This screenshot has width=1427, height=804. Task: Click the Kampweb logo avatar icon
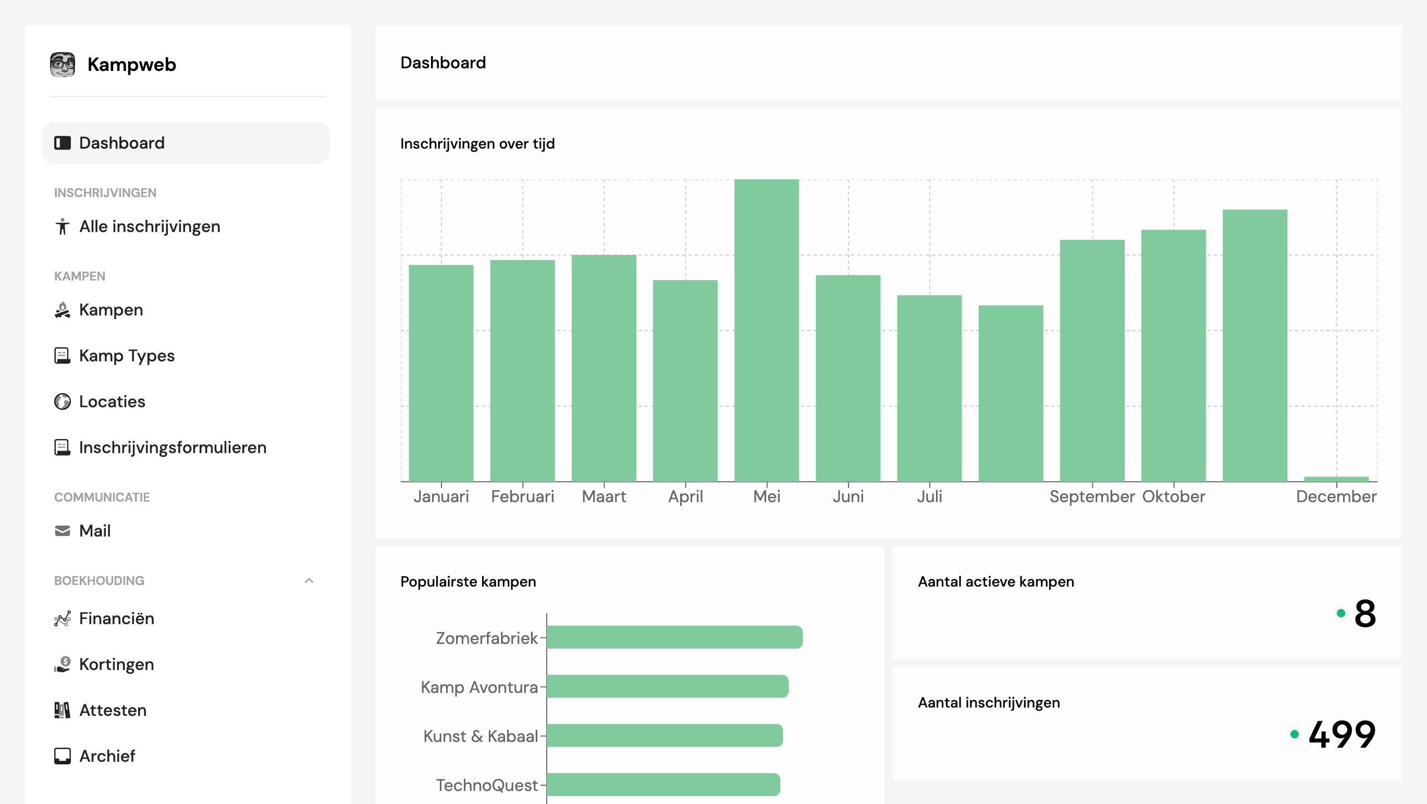(x=63, y=65)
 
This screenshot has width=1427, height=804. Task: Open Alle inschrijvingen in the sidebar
(x=149, y=227)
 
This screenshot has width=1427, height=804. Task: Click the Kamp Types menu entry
(x=126, y=356)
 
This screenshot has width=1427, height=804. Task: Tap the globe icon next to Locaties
(x=63, y=401)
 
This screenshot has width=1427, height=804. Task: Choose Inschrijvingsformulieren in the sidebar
(x=173, y=448)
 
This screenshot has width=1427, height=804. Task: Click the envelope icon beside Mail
(x=63, y=531)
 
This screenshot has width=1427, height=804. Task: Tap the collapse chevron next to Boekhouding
(x=309, y=581)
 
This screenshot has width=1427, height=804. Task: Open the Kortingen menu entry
(x=116, y=664)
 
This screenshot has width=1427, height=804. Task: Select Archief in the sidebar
(x=107, y=757)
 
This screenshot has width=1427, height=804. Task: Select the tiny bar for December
(x=1336, y=479)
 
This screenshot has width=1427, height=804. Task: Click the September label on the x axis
(x=1092, y=496)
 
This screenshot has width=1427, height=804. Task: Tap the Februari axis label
(x=522, y=496)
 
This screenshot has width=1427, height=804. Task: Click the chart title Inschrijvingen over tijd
(x=477, y=144)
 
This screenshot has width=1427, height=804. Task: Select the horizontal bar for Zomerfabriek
(x=674, y=637)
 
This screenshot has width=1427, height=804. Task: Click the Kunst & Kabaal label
(x=481, y=736)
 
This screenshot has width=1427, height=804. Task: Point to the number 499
(x=1342, y=734)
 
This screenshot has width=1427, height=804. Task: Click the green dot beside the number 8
(x=1340, y=613)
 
